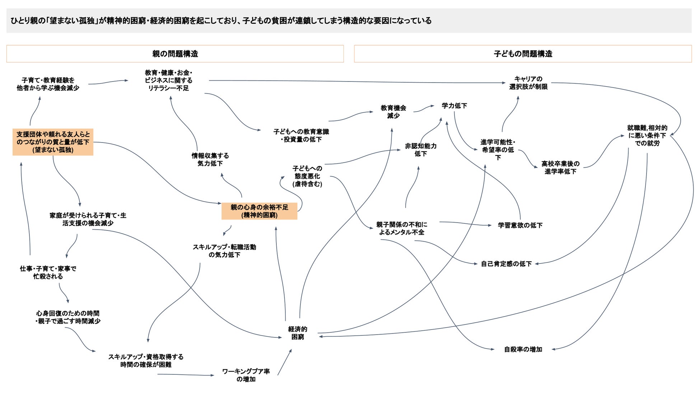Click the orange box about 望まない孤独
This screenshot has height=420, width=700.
pos(53,142)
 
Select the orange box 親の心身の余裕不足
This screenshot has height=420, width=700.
pos(259,211)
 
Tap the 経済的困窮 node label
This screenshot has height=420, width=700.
pos(298,333)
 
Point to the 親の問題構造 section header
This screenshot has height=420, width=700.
pos(175,54)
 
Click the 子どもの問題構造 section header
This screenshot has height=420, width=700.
pos(523,54)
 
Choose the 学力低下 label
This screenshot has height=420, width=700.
pos(454,106)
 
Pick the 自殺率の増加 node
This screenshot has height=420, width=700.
pos(523,349)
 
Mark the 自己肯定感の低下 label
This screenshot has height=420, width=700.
pos(506,264)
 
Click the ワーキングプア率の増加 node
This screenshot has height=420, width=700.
pos(246,375)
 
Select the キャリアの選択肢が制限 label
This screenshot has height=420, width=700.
pos(528,83)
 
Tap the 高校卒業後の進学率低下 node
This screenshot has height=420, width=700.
pos(560,168)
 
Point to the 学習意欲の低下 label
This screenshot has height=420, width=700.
pos(520,225)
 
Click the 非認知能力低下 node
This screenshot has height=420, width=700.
pos(421,150)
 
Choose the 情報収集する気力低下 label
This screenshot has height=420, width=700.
pos(210,159)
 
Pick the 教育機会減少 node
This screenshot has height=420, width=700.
pos(393,112)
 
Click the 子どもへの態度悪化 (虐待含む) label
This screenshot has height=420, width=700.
pos(307,176)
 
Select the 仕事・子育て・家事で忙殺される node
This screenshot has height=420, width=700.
pos(48,272)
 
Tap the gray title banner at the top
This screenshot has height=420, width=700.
pos(349,21)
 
